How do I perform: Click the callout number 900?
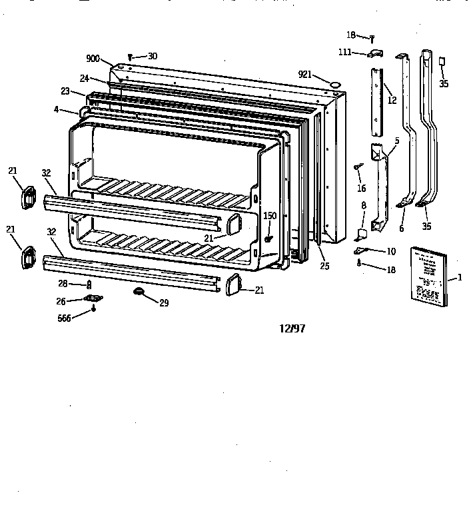coord(93,59)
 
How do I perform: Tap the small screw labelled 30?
coord(130,58)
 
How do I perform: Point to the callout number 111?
coord(345,52)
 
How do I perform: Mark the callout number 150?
coord(269,216)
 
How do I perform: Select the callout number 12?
coord(392,101)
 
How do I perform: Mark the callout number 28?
coord(62,284)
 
